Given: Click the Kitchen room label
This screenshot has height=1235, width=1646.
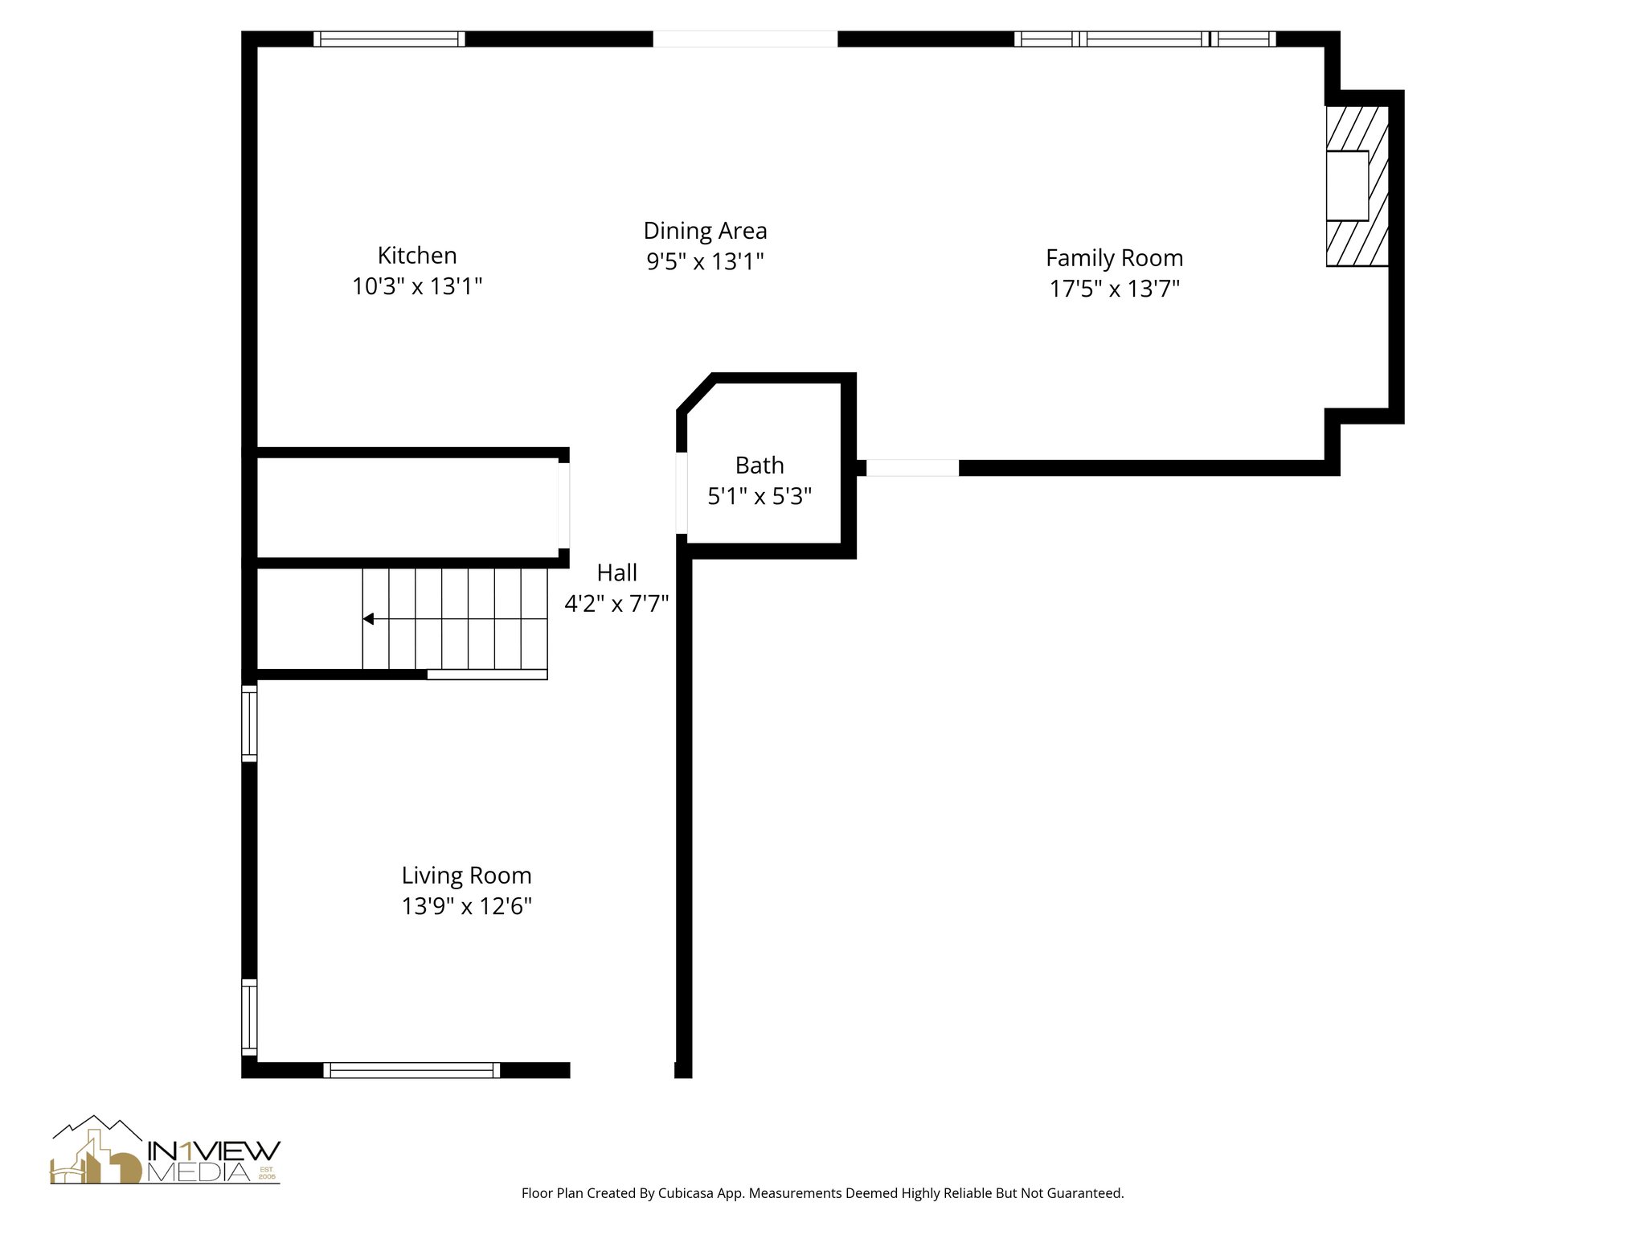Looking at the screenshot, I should [x=417, y=256].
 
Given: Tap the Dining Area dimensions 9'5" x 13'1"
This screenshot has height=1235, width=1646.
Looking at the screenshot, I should [x=705, y=261].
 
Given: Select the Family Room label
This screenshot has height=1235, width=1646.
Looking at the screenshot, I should [x=1114, y=258].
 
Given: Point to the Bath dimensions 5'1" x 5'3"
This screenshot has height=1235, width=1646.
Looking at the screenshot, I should [x=760, y=496].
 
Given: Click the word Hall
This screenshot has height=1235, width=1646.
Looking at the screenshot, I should [x=616, y=572].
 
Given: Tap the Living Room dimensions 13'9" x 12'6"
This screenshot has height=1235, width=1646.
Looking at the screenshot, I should [x=466, y=906].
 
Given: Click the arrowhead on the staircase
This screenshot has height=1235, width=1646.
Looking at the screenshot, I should [x=368, y=618].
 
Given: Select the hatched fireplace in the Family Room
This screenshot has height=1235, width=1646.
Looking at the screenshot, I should [x=1357, y=186].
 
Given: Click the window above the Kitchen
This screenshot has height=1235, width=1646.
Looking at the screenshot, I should [x=389, y=39].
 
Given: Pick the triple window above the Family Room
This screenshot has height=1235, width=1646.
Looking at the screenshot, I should [x=1144, y=39].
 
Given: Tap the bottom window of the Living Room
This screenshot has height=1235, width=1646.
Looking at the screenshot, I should [x=411, y=1069].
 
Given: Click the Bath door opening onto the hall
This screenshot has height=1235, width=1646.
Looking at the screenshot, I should [x=682, y=493].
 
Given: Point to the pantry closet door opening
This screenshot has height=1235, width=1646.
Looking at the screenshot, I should [x=564, y=505].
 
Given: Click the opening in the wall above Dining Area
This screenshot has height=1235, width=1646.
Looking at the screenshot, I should [x=745, y=39].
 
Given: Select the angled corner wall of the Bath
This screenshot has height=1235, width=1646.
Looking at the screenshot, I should [x=696, y=394].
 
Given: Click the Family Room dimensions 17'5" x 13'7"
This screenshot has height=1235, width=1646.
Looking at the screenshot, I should [x=1114, y=289].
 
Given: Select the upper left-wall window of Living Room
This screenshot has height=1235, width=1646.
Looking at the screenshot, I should [x=249, y=723].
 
